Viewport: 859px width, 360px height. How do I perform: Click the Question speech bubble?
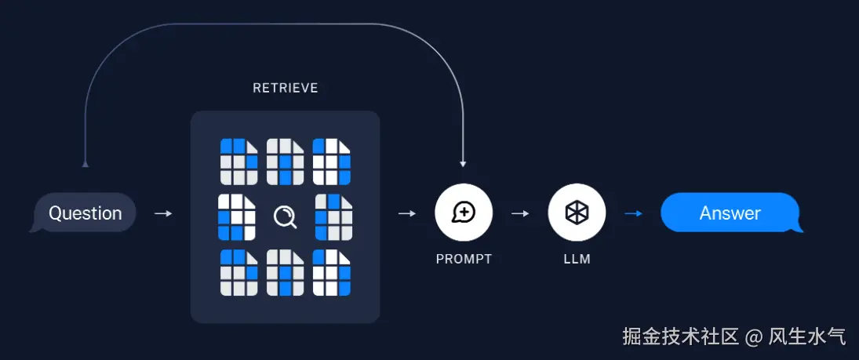pyautogui.click(x=85, y=213)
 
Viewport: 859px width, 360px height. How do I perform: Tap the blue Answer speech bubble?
pyautogui.click(x=730, y=213)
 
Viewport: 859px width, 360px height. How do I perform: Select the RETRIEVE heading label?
pyautogui.click(x=285, y=89)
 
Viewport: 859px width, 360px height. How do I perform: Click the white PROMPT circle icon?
pyautogui.click(x=464, y=213)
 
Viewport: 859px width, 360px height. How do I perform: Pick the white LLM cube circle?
pyautogui.click(x=577, y=213)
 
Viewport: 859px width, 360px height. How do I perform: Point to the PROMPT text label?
pyautogui.click(x=464, y=259)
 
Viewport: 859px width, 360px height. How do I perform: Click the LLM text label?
pyautogui.click(x=577, y=259)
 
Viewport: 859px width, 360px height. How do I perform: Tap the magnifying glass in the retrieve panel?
pyautogui.click(x=285, y=216)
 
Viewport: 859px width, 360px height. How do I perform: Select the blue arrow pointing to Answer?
pyautogui.click(x=633, y=213)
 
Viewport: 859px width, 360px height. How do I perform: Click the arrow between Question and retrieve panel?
pyautogui.click(x=163, y=213)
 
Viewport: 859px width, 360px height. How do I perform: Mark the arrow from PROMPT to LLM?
pyautogui.click(x=520, y=213)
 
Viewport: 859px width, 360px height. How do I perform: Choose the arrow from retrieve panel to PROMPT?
pyautogui.click(x=407, y=213)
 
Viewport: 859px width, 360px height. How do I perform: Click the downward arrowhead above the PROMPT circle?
pyautogui.click(x=463, y=164)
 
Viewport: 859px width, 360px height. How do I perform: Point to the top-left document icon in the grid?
pyautogui.click(x=238, y=161)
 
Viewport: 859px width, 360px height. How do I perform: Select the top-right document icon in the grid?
pyautogui.click(x=331, y=161)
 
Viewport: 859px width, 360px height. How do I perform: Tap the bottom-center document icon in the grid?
pyautogui.click(x=285, y=272)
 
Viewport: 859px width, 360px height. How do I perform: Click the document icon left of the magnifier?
pyautogui.click(x=237, y=216)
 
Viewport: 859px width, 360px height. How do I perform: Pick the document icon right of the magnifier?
pyautogui.click(x=333, y=216)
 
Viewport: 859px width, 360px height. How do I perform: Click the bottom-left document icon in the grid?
pyautogui.click(x=238, y=272)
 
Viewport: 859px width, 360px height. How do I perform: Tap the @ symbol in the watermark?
pyautogui.click(x=754, y=337)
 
